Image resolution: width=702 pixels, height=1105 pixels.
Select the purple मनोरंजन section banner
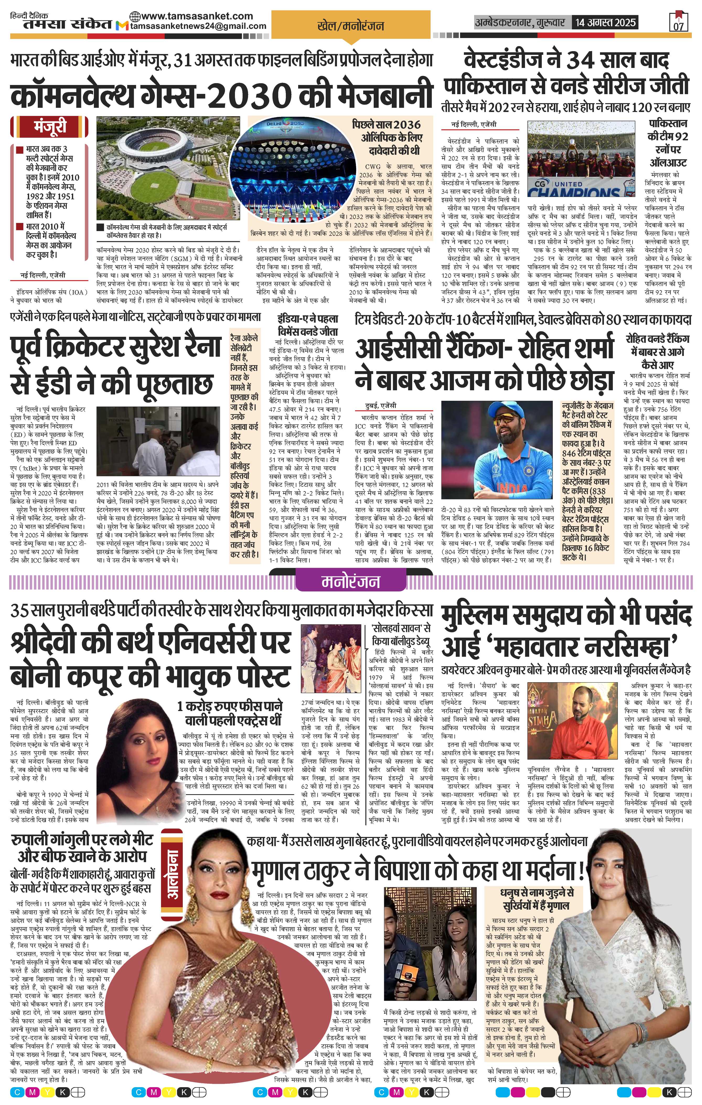pyautogui.click(x=351, y=581)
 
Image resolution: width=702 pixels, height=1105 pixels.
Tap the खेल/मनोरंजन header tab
pyautogui.click(x=351, y=26)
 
